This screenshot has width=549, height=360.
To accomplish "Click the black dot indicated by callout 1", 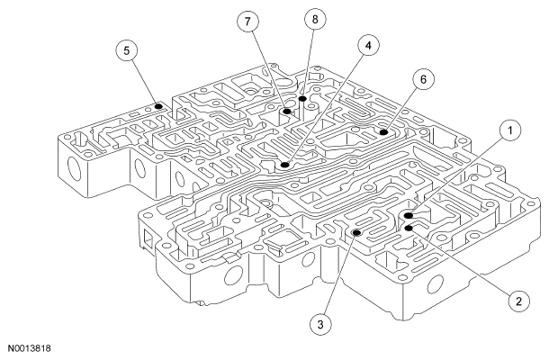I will [409, 216].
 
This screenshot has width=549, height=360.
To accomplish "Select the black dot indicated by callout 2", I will [409, 229].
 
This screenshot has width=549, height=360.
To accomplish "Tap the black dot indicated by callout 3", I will [356, 232].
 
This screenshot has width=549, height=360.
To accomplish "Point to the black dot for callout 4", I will [284, 165].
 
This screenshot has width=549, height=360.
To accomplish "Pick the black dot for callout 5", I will [158, 105].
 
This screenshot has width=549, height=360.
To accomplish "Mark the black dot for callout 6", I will [382, 132].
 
